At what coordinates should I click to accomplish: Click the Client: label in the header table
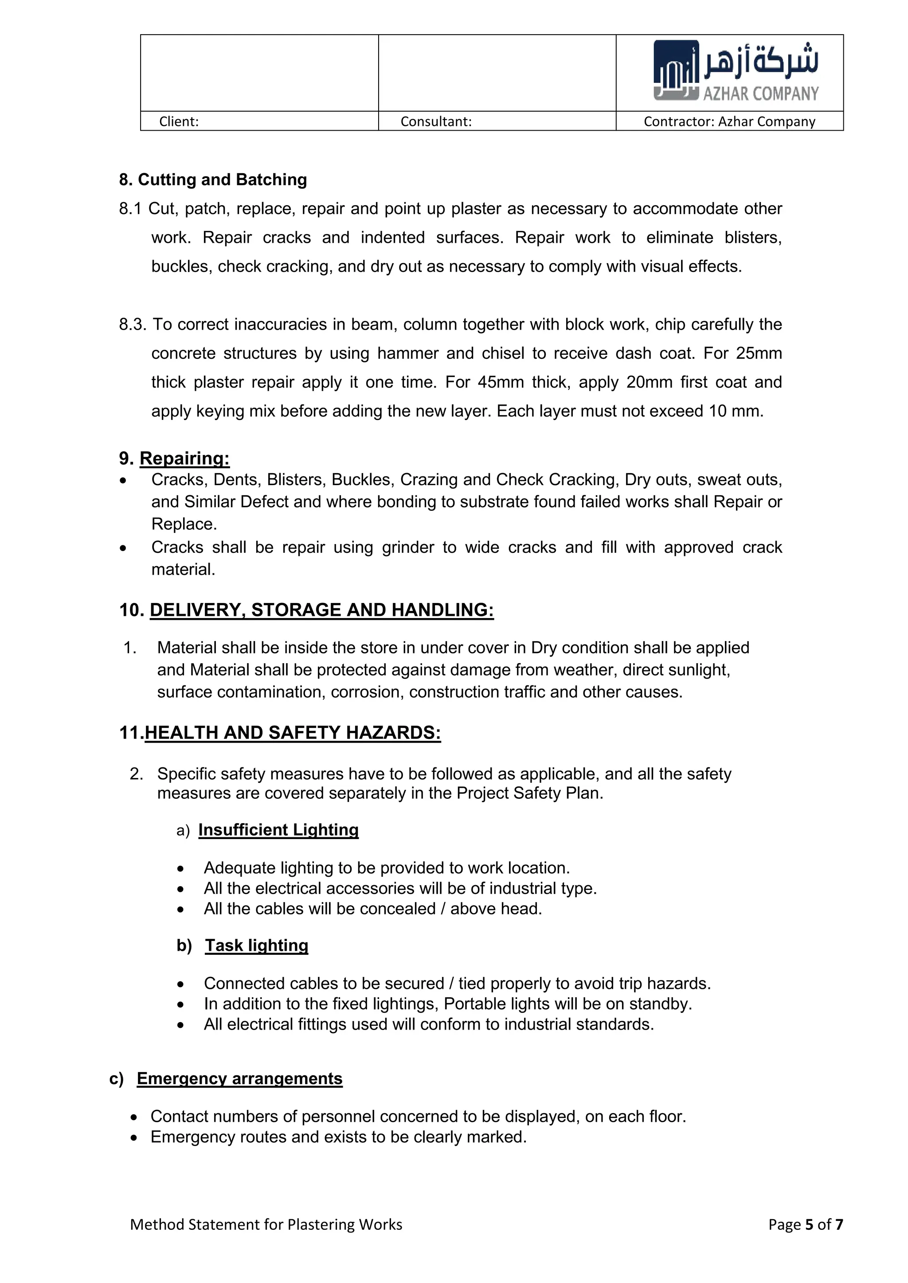point(179,121)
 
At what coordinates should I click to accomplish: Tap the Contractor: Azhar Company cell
point(729,121)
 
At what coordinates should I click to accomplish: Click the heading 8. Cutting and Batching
point(213,179)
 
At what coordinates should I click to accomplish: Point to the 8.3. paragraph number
point(132,324)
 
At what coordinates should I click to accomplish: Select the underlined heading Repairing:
point(184,458)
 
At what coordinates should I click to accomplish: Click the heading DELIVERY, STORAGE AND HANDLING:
point(321,610)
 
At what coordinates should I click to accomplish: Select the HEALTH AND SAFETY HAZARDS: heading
point(293,733)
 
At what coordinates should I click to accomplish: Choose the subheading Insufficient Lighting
point(278,830)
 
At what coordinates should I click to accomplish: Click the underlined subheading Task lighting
point(256,945)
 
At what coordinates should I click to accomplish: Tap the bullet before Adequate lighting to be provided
point(180,869)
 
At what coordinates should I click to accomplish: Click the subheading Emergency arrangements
point(239,1078)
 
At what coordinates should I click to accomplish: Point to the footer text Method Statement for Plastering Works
point(266,1225)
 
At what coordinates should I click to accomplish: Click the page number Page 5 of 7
point(805,1225)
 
